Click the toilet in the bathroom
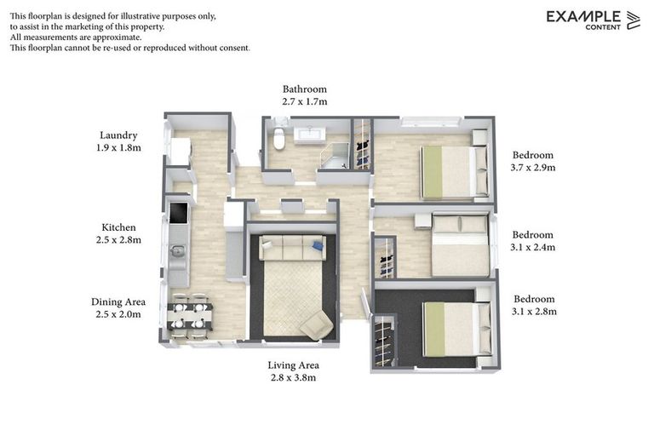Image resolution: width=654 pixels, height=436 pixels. [278, 141]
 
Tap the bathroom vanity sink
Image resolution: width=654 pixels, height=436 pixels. [307, 135]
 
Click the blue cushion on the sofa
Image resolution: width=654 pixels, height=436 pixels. [318, 246]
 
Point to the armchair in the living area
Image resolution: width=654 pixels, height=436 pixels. [316, 324]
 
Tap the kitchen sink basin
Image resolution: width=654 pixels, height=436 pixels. [178, 251]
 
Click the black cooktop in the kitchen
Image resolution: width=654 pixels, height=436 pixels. [179, 212]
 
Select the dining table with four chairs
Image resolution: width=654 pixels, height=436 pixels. [188, 312]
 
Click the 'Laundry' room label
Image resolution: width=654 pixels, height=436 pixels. [118, 135]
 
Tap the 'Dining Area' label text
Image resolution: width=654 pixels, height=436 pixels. [118, 301]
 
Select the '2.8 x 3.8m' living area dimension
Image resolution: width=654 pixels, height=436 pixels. [292, 377]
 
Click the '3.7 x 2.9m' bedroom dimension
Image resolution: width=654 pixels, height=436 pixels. [533, 168]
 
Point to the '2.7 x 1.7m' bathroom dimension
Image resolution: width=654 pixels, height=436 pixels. [304, 101]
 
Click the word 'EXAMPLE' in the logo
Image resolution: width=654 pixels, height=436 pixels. [583, 16]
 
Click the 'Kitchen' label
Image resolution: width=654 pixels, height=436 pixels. [118, 227]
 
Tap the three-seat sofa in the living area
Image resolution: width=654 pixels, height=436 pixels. [292, 248]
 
